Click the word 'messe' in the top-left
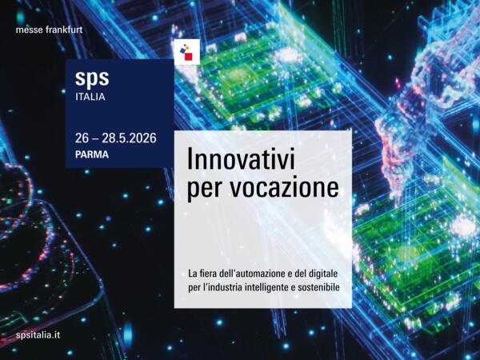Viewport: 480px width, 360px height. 30,31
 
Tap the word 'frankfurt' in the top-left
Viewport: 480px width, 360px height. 65,31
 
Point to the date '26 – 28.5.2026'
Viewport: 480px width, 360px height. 115,138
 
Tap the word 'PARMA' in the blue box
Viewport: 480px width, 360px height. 92,155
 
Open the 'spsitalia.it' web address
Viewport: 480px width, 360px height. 38,334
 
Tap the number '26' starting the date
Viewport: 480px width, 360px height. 82,138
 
